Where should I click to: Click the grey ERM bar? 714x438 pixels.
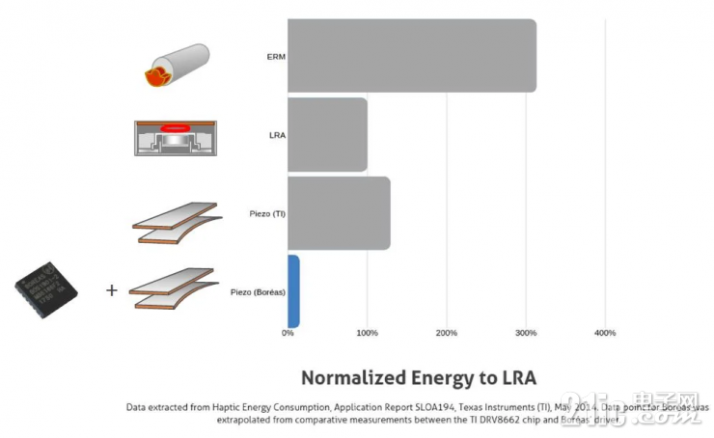point(412,56)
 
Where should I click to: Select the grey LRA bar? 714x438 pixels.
point(328,134)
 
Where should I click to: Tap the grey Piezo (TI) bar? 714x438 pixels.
point(339,213)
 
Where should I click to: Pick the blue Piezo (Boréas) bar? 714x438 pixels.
point(293,291)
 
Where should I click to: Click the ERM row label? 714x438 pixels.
point(276,56)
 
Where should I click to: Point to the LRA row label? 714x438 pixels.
point(277,135)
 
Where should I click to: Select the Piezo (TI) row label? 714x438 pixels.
point(266,213)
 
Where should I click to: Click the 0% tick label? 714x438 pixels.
point(288,333)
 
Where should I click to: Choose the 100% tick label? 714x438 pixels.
point(367,333)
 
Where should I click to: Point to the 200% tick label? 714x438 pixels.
point(446,333)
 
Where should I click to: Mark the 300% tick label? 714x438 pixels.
point(525,333)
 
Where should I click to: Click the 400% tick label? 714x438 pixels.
point(604,333)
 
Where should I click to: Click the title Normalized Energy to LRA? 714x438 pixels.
point(418,377)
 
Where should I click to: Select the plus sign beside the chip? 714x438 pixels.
point(111,289)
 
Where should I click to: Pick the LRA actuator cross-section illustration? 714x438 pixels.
point(175,138)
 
